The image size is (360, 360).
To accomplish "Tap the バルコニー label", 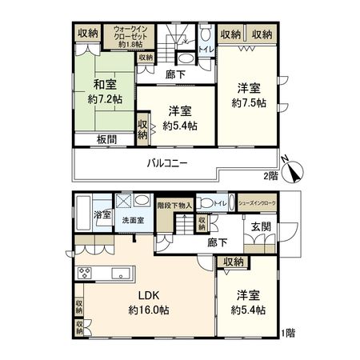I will click(166, 164).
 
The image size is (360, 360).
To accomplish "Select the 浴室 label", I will click(103, 216).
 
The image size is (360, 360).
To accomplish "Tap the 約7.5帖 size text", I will click(247, 104).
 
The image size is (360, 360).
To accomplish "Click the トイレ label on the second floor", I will click(206, 49).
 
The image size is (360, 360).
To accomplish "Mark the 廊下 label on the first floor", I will click(215, 242).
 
